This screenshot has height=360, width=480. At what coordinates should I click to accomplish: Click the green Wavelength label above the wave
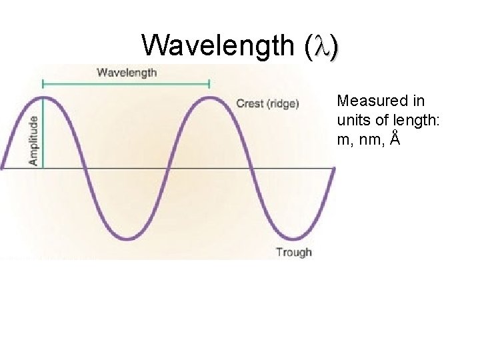tap(127, 72)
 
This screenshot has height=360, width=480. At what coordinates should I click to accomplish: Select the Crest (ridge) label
tap(268, 103)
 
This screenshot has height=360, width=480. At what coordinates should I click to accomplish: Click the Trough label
tap(293, 252)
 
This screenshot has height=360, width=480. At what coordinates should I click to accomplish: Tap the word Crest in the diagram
tap(250, 103)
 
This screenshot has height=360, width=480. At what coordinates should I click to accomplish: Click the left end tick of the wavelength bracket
tap(43, 84)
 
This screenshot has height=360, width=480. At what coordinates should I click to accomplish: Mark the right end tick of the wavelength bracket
tap(209, 84)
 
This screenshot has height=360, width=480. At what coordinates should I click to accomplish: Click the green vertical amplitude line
tap(43, 133)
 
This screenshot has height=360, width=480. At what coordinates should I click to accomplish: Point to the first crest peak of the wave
tap(43, 98)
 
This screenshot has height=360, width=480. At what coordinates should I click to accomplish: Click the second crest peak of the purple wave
tap(209, 98)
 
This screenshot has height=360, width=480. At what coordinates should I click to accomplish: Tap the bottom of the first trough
tap(126, 238)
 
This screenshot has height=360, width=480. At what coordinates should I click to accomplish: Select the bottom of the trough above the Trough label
tap(292, 238)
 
